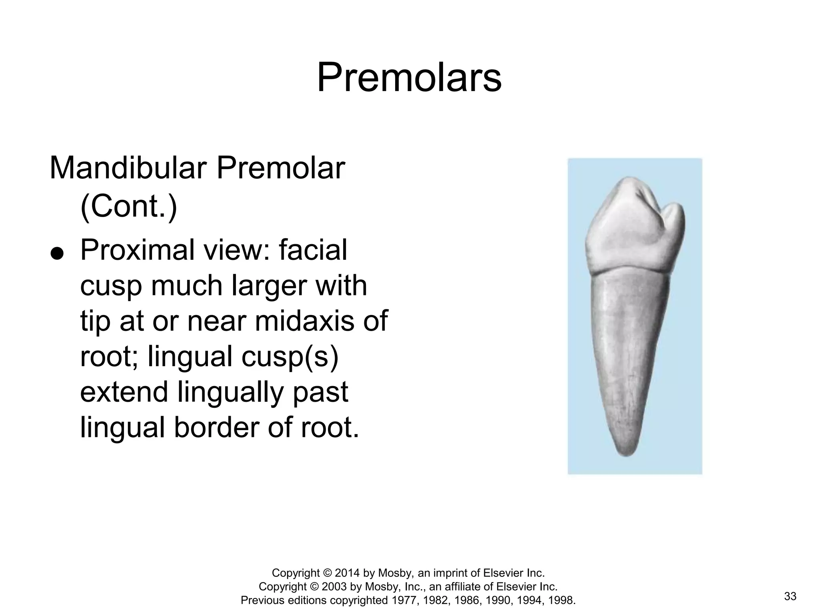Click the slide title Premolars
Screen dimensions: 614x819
[409, 78]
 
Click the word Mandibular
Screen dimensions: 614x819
[128, 169]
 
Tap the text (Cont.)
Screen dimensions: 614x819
[128, 206]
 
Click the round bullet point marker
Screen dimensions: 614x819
[58, 253]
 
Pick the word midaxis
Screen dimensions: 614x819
[304, 321]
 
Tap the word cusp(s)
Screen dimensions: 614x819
[290, 357]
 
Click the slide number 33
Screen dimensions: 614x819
[790, 596]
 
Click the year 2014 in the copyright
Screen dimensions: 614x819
[347, 573]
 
